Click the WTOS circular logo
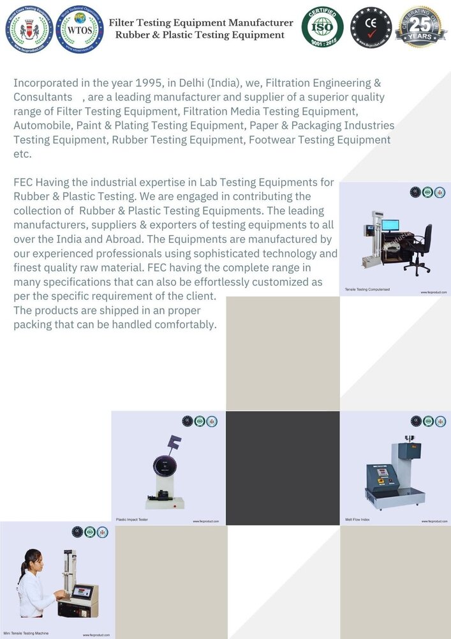pyautogui.click(x=79, y=29)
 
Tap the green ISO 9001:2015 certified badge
pyautogui.click(x=322, y=27)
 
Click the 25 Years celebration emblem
pyautogui.click(x=420, y=27)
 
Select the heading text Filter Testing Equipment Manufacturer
pyautogui.click(x=201, y=23)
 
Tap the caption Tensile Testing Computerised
pyautogui.click(x=367, y=289)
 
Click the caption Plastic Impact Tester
pyautogui.click(x=132, y=520)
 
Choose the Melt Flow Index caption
pyautogui.click(x=357, y=520)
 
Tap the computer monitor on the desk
pyautogui.click(x=390, y=226)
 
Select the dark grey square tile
pyautogui.click(x=283, y=468)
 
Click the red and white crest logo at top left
pyautogui.click(x=29, y=29)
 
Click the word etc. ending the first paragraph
pyautogui.click(x=22, y=154)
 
